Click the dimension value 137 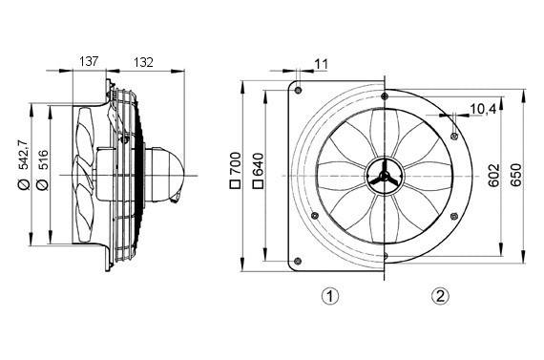(89, 61)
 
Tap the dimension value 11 (321, 63)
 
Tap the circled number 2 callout (440, 296)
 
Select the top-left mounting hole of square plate (299, 91)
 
